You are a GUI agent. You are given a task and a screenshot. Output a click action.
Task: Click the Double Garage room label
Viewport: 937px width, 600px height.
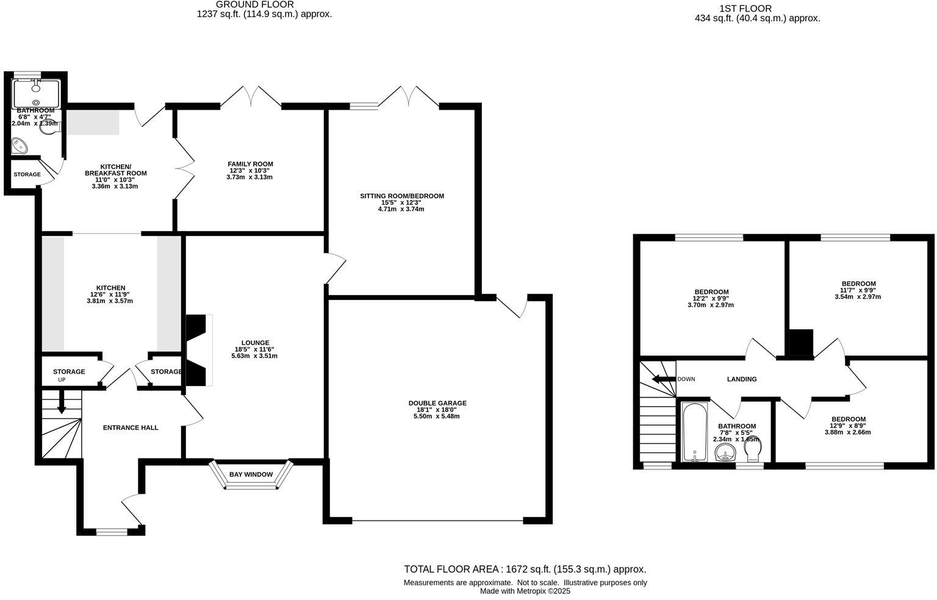click(x=437, y=403)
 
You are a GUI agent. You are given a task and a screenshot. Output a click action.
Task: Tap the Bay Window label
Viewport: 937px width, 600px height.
click(x=251, y=474)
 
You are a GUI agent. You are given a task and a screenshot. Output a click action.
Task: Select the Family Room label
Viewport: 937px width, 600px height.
click(x=250, y=164)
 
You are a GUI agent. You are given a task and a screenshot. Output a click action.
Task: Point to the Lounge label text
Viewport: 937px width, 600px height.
click(x=255, y=343)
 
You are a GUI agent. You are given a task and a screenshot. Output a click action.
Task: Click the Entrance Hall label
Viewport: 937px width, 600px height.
click(x=131, y=427)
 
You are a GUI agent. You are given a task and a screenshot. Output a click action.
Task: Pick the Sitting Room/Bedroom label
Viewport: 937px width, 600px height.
click(x=401, y=196)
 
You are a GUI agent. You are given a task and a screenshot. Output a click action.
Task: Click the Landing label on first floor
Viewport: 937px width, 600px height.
click(x=742, y=379)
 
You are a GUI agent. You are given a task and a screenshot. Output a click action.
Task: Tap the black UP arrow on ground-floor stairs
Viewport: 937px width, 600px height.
click(x=61, y=404)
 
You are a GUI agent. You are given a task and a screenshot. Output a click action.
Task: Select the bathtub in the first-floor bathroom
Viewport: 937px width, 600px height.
click(x=694, y=432)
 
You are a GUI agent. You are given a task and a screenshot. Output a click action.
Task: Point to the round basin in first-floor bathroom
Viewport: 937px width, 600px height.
click(x=725, y=453)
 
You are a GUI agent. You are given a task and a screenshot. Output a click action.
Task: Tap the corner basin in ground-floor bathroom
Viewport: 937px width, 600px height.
click(x=20, y=145)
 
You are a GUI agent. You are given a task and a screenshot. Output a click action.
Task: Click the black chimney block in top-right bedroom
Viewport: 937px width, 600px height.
click(x=801, y=342)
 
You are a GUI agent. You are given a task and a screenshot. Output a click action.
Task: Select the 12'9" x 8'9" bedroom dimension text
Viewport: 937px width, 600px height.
click(x=848, y=426)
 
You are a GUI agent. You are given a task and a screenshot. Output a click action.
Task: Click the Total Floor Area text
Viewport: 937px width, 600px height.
click(x=525, y=570)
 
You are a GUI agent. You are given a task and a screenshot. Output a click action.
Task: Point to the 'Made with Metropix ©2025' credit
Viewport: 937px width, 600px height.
click(x=525, y=591)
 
